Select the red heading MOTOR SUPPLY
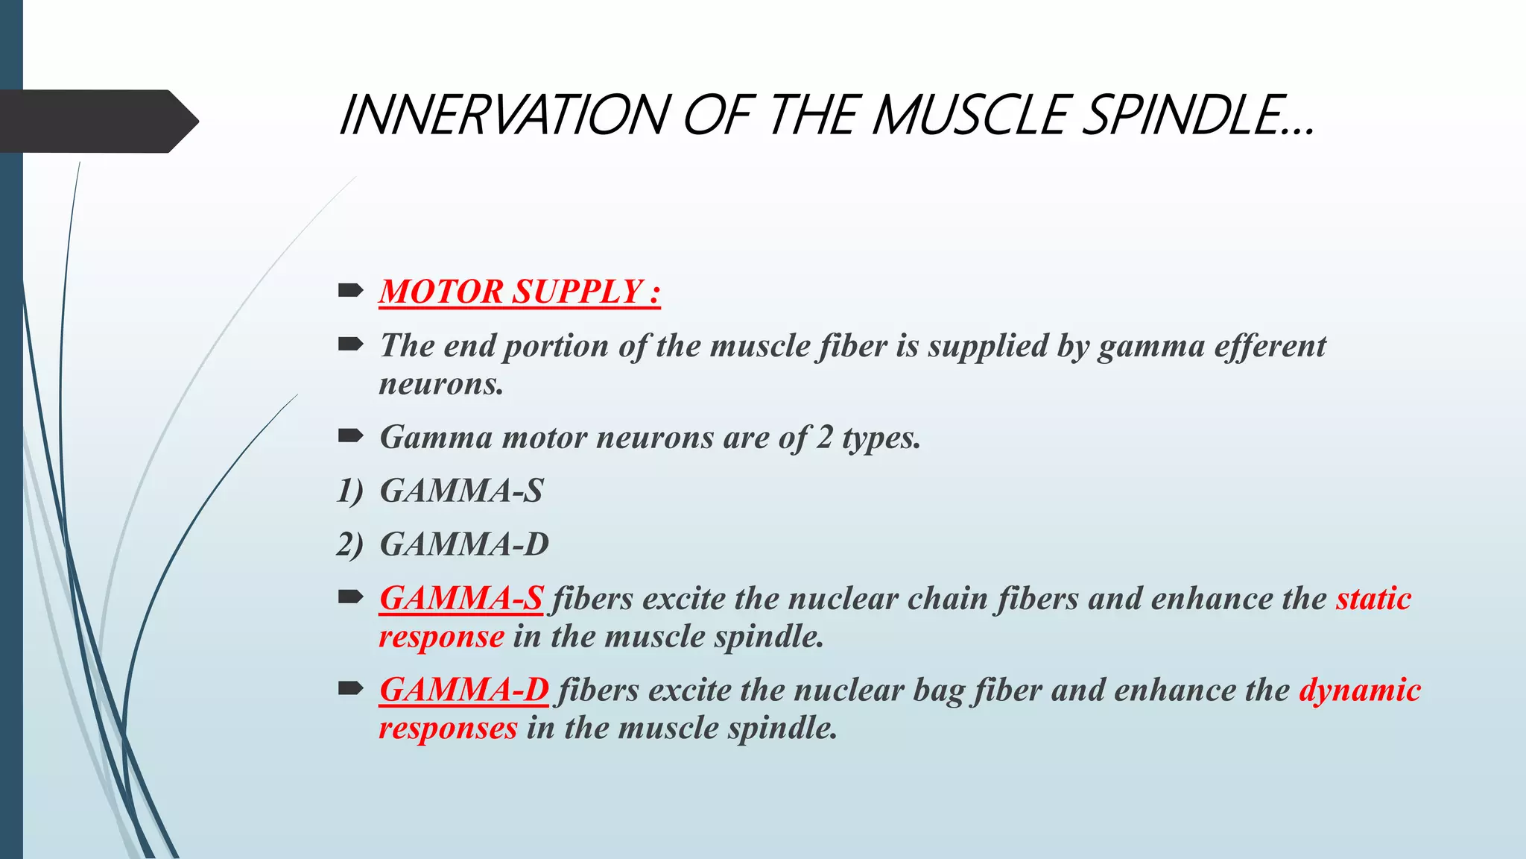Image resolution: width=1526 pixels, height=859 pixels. [519, 292]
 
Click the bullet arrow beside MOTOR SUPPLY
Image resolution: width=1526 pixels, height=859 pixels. [350, 290]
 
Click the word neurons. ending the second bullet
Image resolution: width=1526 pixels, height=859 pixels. [441, 385]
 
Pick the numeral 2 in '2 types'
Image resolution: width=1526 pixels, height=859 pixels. [823, 438]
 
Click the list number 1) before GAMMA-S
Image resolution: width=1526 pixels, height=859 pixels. [350, 491]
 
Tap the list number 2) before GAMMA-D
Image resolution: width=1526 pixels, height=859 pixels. [350, 545]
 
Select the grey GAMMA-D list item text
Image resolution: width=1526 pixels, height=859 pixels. [464, 545]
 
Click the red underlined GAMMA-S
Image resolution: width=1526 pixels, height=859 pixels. [461, 599]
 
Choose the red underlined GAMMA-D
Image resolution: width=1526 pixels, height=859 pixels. [464, 690]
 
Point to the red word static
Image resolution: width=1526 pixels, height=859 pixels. [1373, 599]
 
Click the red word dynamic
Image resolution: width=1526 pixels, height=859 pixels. [1360, 690]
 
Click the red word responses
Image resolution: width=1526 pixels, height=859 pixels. [448, 729]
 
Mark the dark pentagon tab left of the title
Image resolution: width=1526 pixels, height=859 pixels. [97, 121]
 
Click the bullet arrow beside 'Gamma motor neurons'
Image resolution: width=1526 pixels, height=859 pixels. [350, 436]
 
